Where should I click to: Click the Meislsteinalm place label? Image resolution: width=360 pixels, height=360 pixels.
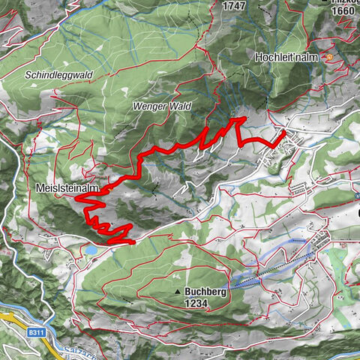[x=67, y=187]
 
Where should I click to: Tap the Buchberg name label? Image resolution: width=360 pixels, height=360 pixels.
[x=205, y=292]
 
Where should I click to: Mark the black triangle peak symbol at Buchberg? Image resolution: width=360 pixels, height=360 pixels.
[x=178, y=292]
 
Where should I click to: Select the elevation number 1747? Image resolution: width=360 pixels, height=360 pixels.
[x=235, y=4]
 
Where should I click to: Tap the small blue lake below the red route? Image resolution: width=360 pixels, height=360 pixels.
[x=90, y=248]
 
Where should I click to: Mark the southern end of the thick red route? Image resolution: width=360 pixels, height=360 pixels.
[x=132, y=242]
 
